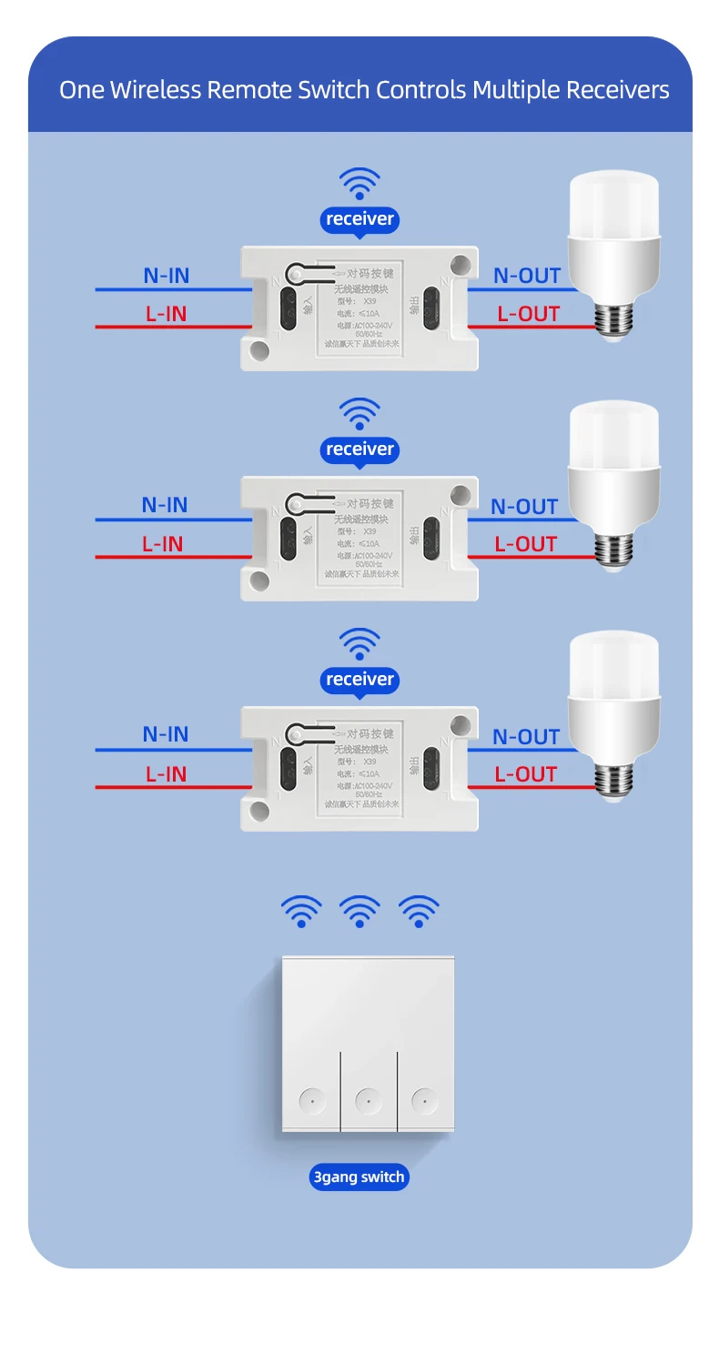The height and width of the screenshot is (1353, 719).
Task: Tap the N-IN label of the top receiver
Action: [x=167, y=275]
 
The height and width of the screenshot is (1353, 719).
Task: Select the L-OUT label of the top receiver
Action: [x=528, y=314]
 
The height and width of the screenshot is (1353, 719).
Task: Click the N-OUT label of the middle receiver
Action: [x=524, y=507]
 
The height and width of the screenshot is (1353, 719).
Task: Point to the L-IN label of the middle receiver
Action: [x=162, y=544]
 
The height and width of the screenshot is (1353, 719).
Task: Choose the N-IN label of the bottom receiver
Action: [x=166, y=734]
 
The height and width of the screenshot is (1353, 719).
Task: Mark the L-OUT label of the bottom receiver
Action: [x=525, y=774]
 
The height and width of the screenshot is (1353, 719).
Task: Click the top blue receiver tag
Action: [x=359, y=219]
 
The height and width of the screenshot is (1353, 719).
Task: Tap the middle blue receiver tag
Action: [x=359, y=449]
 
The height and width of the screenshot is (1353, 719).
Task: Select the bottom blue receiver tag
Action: [x=359, y=680]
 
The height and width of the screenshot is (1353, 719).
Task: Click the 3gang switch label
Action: [x=359, y=1177]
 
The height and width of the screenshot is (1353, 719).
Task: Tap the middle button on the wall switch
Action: [x=368, y=1101]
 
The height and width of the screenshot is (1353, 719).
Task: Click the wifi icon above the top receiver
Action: [x=359, y=183]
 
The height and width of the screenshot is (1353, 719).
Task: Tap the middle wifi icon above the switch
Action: [x=359, y=911]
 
